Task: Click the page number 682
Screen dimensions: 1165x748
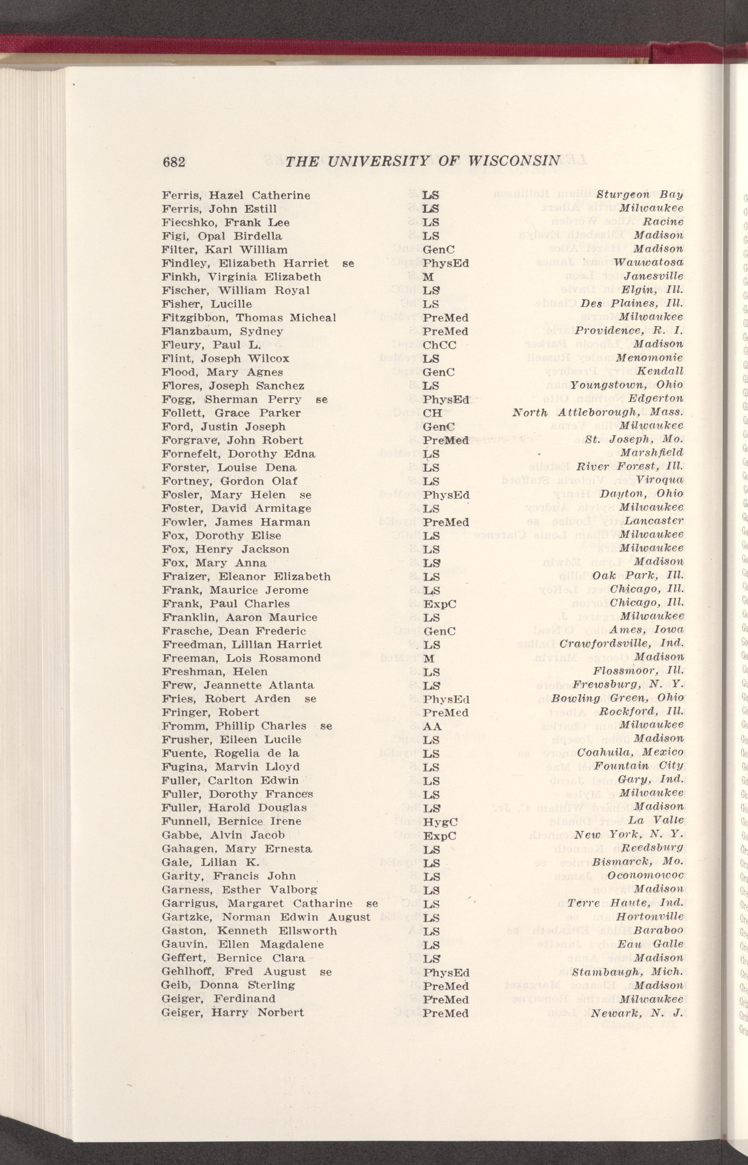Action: coord(174,162)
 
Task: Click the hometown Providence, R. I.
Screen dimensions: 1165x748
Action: coord(629,330)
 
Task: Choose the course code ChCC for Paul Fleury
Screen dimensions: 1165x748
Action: coord(439,345)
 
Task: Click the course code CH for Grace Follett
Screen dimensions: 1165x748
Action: coord(432,413)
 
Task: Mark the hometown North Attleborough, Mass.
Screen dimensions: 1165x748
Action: coord(598,413)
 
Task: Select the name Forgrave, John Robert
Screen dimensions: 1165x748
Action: coord(232,440)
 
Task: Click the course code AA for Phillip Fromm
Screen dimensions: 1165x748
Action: coord(432,727)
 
